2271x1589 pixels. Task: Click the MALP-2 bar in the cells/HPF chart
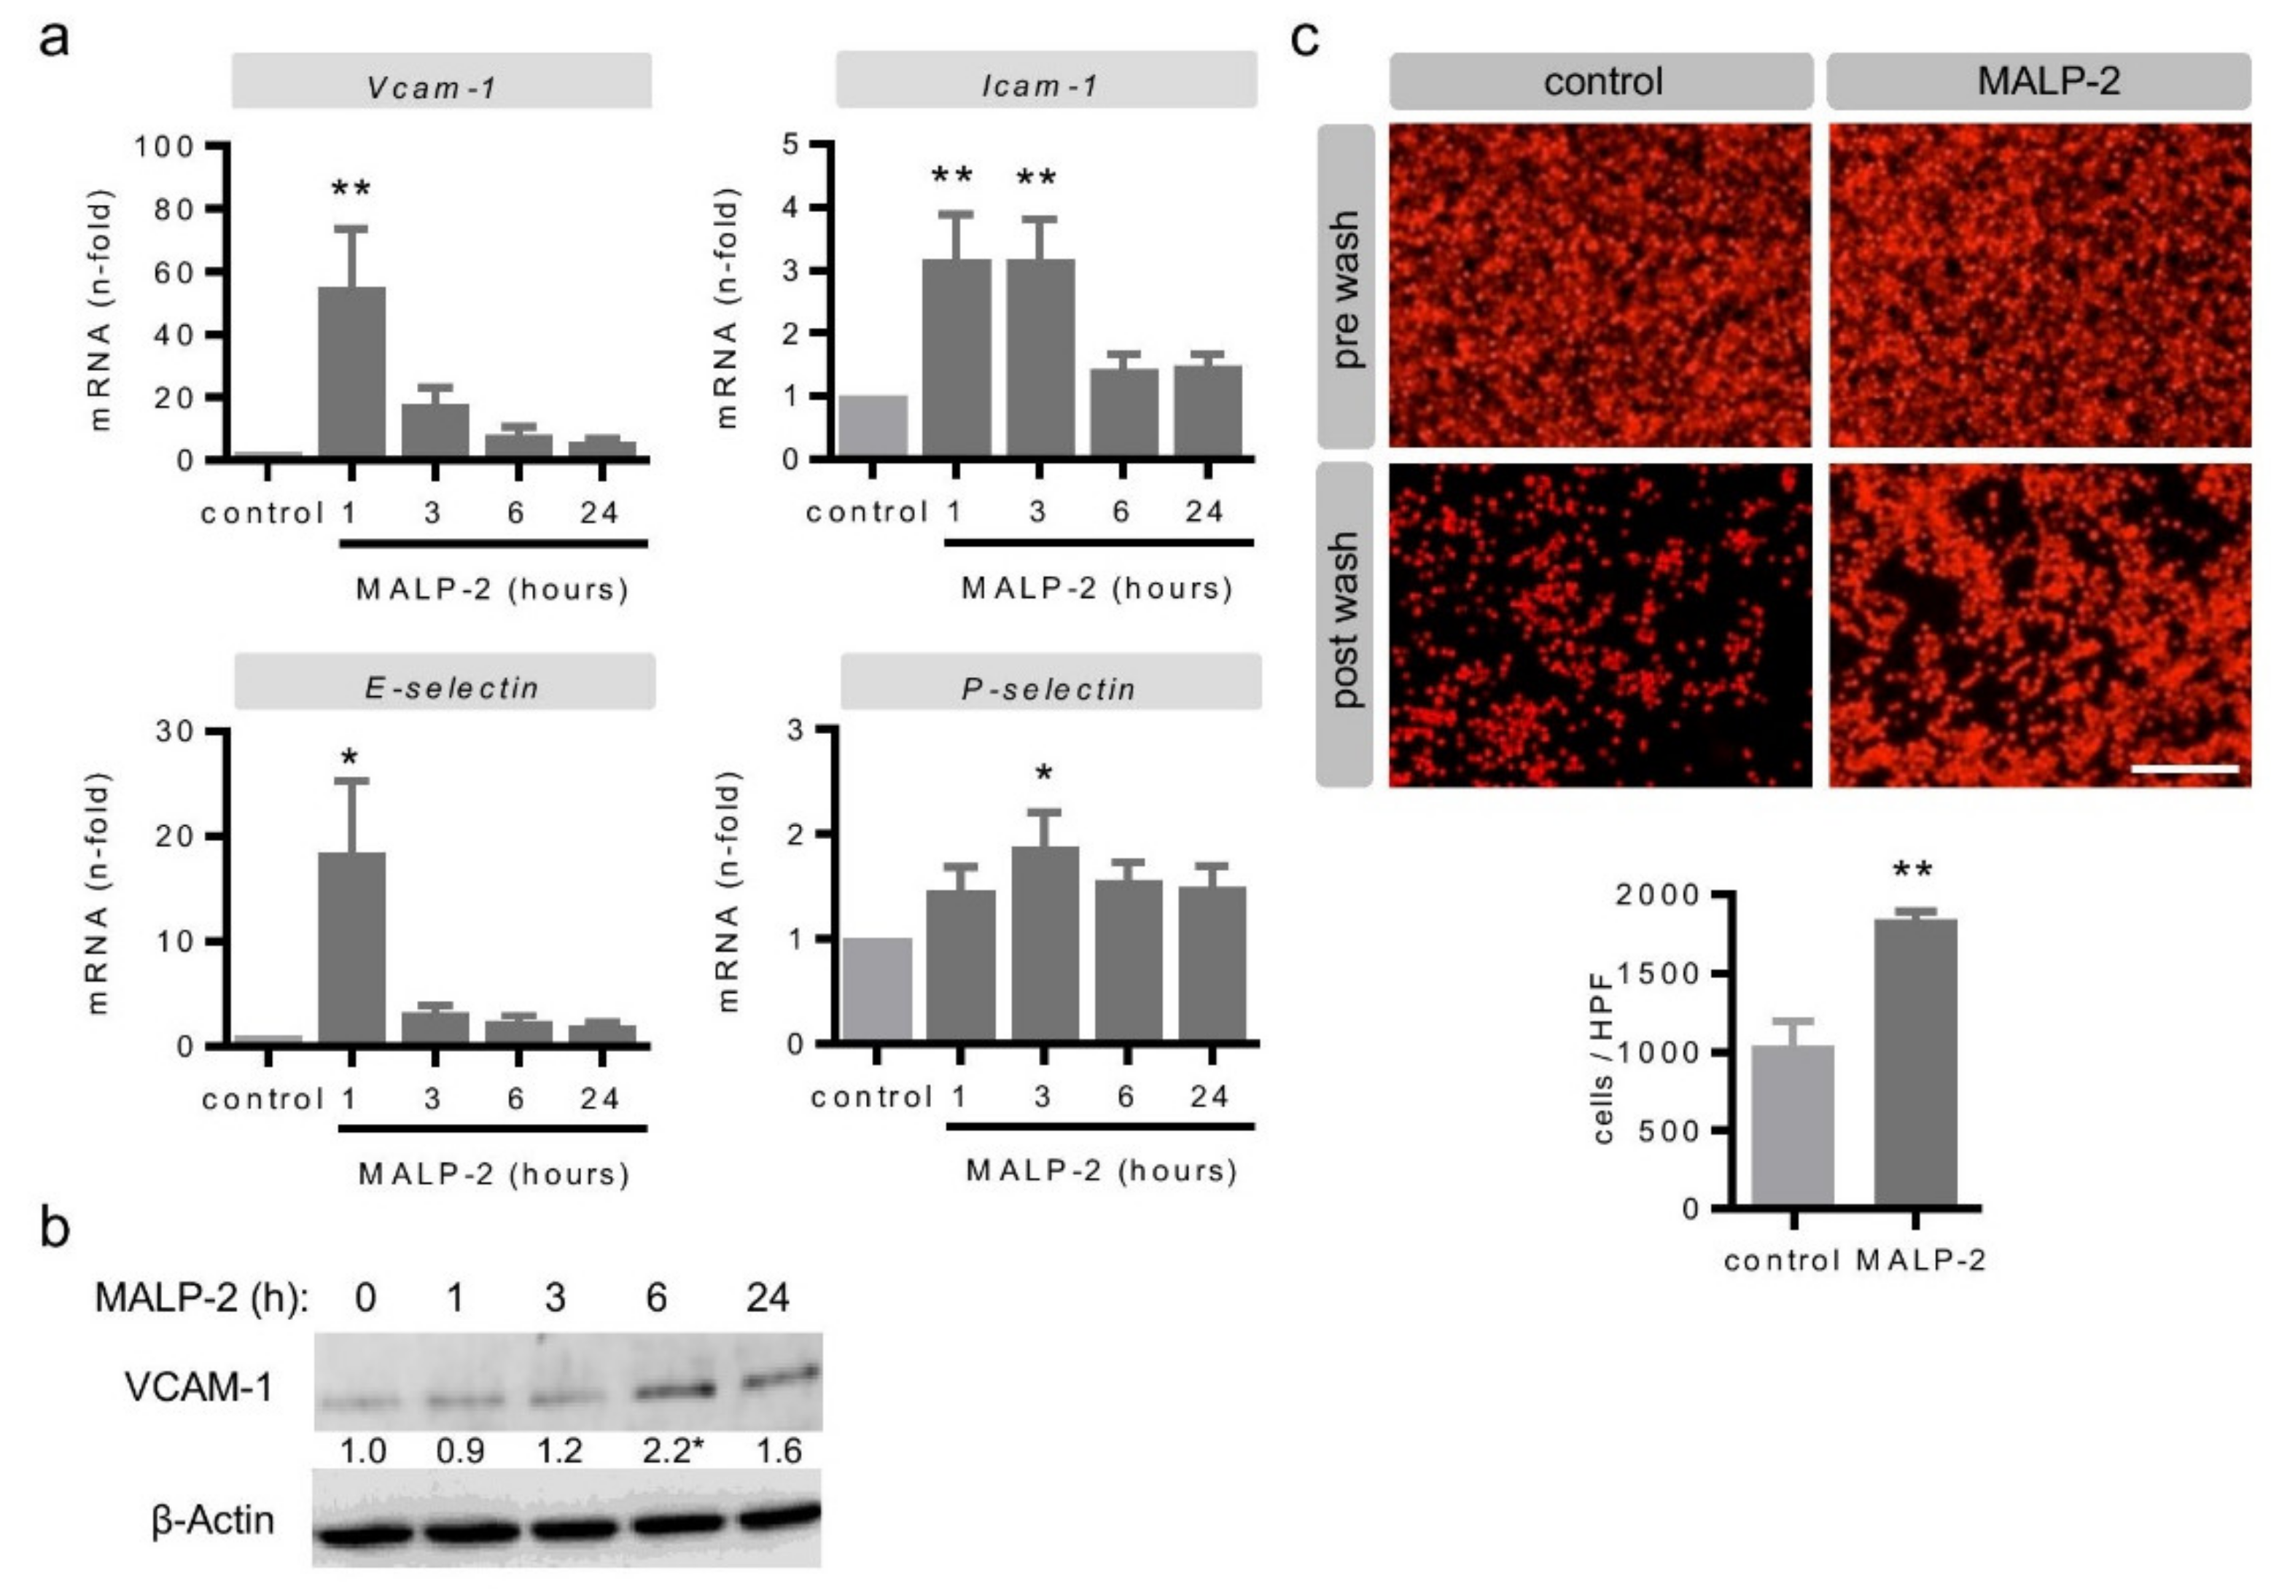coord(1915,1062)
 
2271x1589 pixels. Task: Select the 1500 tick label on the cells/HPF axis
coord(1656,974)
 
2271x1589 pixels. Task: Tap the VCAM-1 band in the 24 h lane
coord(782,1375)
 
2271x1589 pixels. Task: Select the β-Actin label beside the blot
coord(213,1520)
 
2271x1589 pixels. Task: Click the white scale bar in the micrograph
coord(2184,768)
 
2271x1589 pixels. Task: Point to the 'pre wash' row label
coord(1346,286)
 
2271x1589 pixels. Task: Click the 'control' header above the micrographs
coord(1602,81)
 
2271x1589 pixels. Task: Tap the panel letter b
coord(55,1229)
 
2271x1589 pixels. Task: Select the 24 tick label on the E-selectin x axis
coord(599,1098)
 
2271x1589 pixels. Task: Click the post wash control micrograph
coord(1600,625)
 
